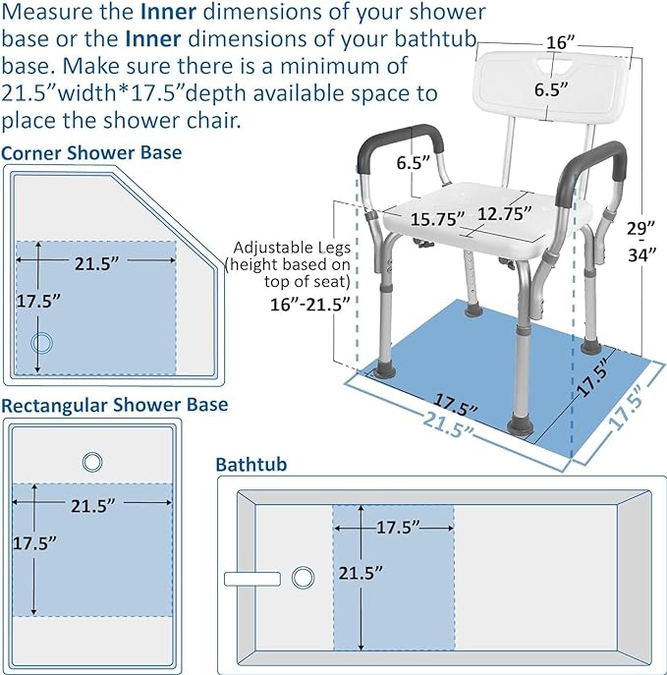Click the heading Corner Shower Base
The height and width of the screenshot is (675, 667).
tap(91, 153)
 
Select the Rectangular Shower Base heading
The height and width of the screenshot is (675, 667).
tap(115, 405)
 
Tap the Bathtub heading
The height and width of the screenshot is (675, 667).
tap(251, 464)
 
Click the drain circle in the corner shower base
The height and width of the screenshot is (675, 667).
tap(42, 343)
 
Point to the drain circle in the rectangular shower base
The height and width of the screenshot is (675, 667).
tap(93, 462)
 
